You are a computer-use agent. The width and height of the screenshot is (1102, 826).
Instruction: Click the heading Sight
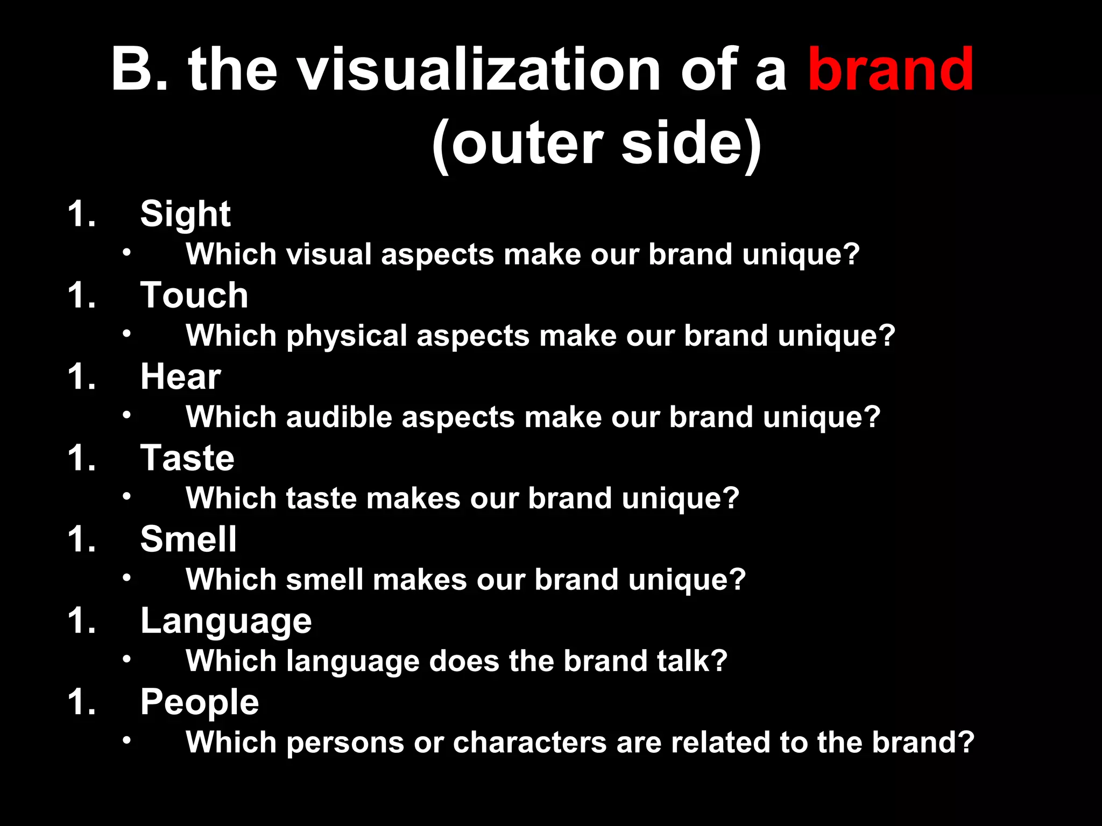(185, 214)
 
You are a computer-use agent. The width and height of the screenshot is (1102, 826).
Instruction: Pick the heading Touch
(194, 295)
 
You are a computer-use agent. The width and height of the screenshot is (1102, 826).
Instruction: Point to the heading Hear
(180, 376)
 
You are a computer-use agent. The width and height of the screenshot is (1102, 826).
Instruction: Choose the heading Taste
(187, 458)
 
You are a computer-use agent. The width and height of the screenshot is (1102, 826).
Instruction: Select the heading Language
(226, 621)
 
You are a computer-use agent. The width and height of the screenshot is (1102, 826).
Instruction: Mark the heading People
(200, 702)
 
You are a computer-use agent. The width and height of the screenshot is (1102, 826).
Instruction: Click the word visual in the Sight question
(329, 254)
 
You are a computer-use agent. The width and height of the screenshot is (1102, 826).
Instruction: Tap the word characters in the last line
(529, 743)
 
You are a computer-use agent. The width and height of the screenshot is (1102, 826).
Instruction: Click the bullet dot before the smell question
(126, 578)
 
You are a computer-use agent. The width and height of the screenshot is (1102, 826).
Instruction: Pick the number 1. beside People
(82, 702)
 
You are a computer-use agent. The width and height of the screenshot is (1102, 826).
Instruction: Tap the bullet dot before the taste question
(126, 496)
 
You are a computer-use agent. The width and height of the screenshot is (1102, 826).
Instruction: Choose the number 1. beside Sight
(82, 214)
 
